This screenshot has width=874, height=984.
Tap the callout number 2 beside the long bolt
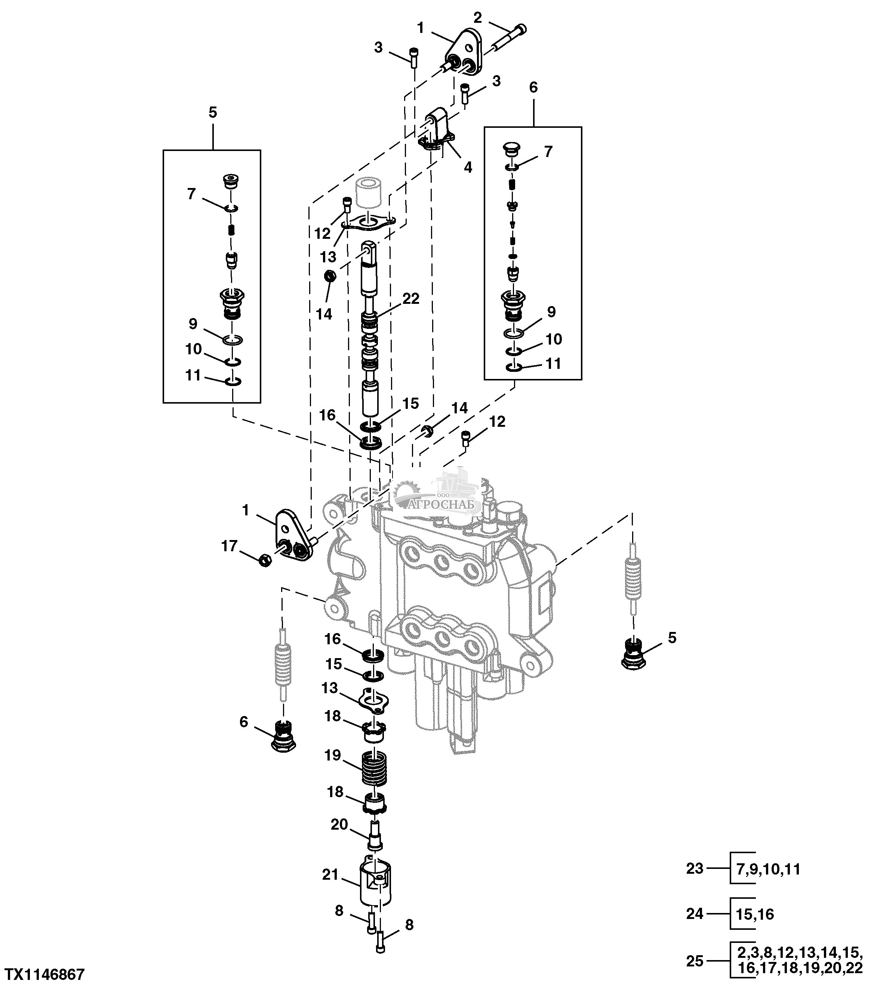[x=478, y=18]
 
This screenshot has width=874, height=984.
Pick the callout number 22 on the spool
[x=411, y=299]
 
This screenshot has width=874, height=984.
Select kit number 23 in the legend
[x=695, y=869]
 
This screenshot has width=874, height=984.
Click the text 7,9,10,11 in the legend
[x=769, y=869]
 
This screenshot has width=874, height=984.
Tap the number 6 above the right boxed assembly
[x=533, y=87]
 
